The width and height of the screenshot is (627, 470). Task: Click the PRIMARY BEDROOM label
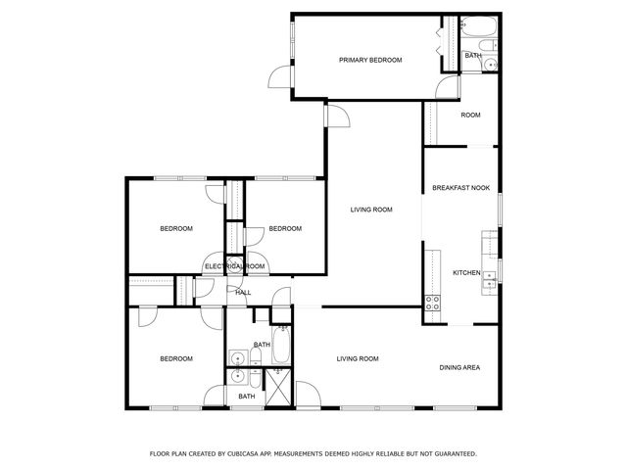click(370, 61)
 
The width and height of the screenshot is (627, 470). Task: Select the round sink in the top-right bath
click(491, 66)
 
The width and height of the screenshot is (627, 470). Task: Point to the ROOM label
click(470, 116)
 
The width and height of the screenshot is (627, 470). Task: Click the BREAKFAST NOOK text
click(460, 188)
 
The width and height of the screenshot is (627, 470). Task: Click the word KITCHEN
click(466, 272)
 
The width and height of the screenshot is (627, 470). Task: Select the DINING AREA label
click(459, 367)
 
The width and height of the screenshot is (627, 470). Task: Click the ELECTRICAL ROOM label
click(235, 266)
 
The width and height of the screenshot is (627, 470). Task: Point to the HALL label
click(243, 292)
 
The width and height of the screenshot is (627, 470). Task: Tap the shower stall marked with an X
click(278, 388)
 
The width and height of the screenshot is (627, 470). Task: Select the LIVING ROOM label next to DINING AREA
click(358, 358)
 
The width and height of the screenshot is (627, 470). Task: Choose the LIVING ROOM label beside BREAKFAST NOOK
click(372, 210)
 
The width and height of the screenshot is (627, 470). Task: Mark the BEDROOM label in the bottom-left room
click(176, 358)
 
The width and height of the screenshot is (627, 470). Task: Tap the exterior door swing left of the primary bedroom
click(282, 78)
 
